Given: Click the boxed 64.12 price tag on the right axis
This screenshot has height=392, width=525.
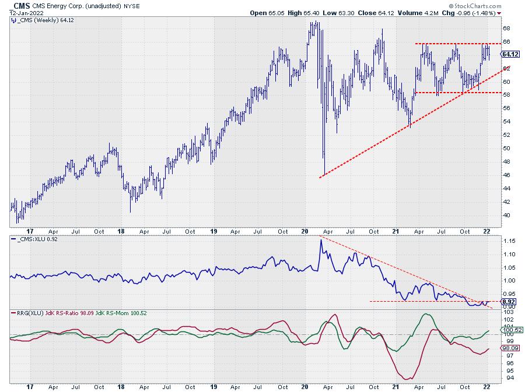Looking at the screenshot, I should pyautogui.click(x=510, y=54).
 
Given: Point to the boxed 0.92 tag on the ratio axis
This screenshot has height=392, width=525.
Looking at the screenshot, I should pyautogui.click(x=508, y=302).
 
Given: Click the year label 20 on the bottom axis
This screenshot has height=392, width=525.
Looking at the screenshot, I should pyautogui.click(x=305, y=386).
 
